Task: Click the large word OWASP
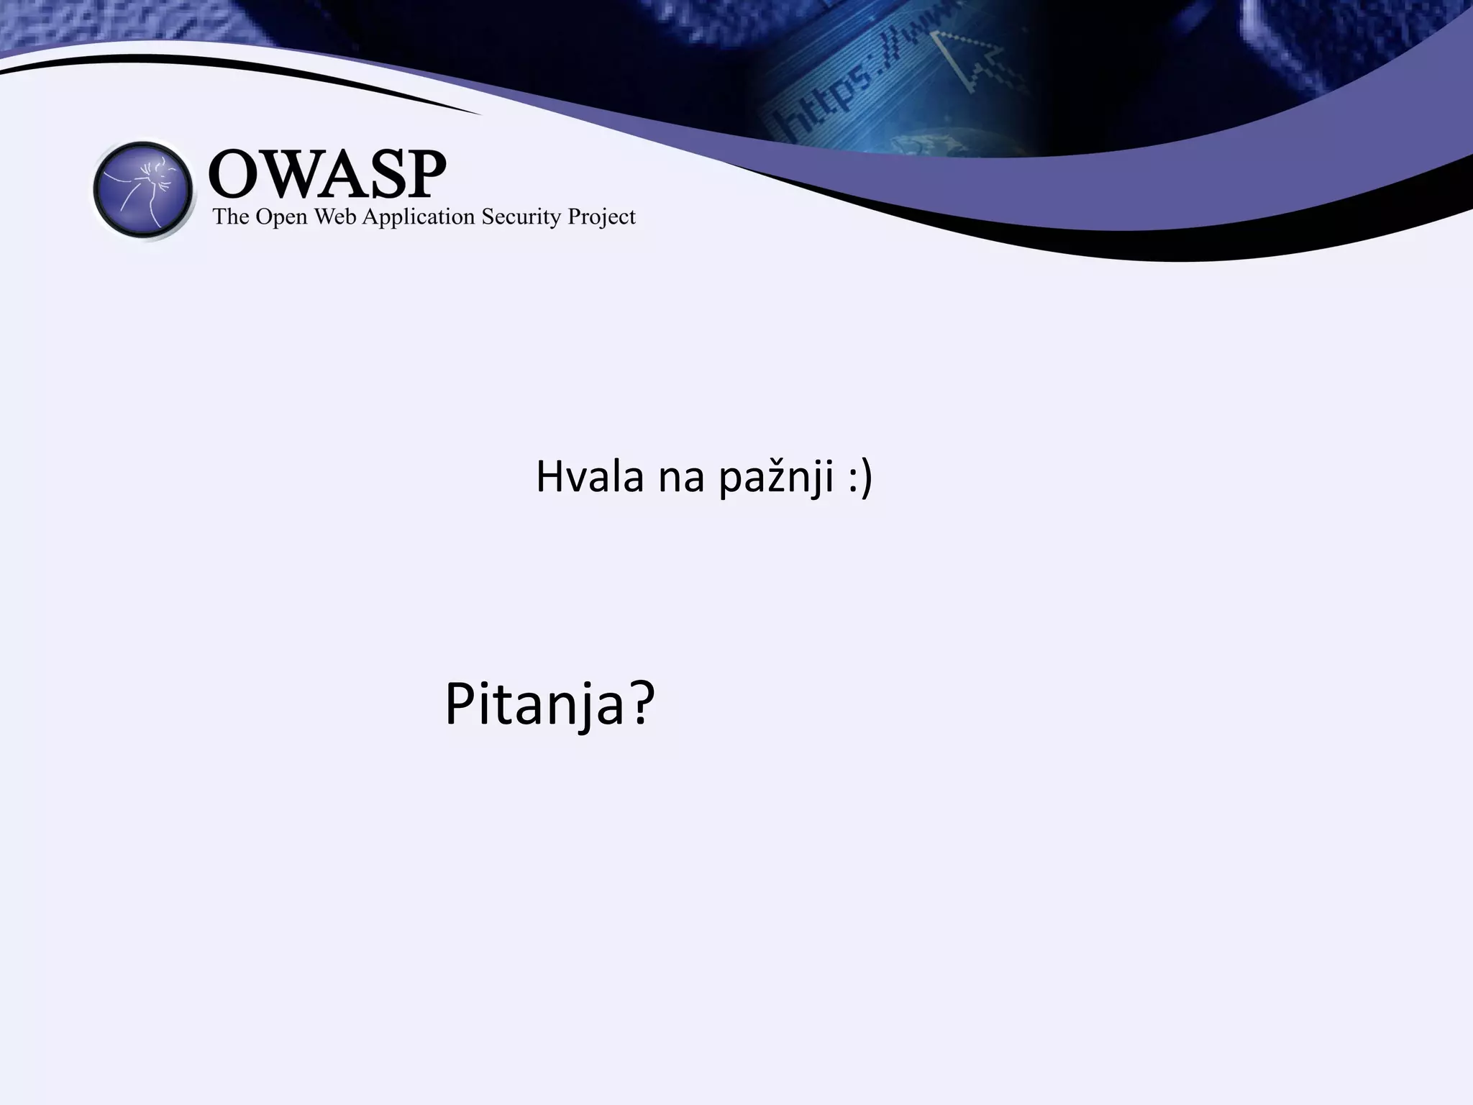(x=327, y=174)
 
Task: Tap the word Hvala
(x=590, y=476)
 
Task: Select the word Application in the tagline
(x=418, y=218)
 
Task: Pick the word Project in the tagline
(x=601, y=217)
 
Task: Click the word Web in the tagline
(x=335, y=217)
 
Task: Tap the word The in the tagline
(x=230, y=217)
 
